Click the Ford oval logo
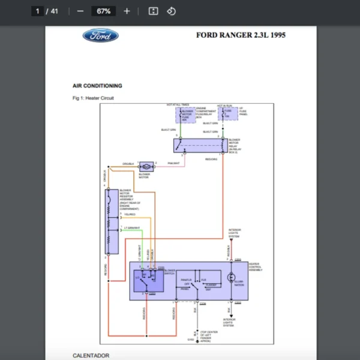(100, 35)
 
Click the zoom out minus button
(80, 11)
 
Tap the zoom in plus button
(127, 11)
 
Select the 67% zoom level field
(103, 11)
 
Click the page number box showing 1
(38, 11)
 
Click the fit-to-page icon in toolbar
(153, 11)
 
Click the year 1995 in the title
(278, 35)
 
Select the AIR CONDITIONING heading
(97, 86)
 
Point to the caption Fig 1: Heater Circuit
(93, 98)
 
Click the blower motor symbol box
(146, 166)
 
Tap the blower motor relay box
(201, 145)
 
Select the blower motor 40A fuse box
(184, 114)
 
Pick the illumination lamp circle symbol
(230, 277)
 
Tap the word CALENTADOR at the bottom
(91, 355)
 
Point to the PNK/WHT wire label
(174, 163)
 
